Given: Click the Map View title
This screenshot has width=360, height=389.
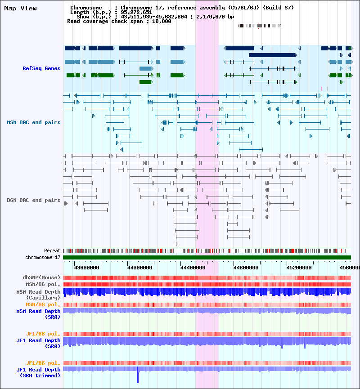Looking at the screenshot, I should (x=20, y=9).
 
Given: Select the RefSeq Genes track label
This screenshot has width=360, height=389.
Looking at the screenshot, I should (x=41, y=68).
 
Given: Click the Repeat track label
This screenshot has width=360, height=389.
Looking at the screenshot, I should (x=52, y=250).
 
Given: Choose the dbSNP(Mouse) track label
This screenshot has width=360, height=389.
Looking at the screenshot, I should (x=41, y=277).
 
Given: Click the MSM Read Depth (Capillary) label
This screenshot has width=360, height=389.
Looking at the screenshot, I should (x=38, y=295).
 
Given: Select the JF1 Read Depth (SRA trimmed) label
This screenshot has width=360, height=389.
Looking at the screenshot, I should (x=38, y=372).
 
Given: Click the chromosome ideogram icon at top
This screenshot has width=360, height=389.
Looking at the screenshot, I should (x=260, y=26).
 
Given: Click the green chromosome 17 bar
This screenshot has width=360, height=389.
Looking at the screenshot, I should (x=207, y=257).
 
